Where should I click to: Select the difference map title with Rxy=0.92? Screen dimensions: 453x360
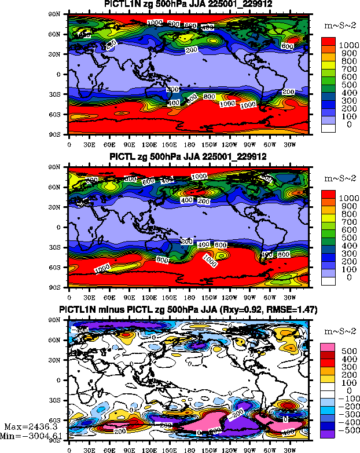[x=188, y=310]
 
